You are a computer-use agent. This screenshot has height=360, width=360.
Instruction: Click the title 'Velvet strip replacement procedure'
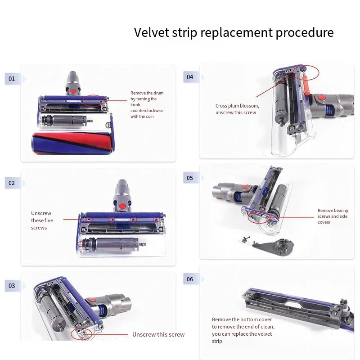[234, 33]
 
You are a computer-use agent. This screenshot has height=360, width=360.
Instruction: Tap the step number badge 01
[12, 79]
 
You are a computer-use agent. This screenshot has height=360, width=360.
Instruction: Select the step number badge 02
[12, 183]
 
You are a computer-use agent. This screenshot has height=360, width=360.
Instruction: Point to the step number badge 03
[12, 286]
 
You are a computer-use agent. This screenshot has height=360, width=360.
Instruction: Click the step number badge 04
[190, 77]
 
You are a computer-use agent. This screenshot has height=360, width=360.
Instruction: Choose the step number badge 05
[190, 178]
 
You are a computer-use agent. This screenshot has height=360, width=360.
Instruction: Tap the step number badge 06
[190, 279]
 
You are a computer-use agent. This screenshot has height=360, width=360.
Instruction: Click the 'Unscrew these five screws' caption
[41, 220]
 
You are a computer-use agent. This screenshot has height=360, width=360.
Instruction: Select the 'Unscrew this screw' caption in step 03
[158, 334]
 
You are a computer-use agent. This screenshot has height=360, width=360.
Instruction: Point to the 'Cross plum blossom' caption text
[237, 109]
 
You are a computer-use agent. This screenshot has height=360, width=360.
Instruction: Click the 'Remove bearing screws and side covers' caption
[333, 216]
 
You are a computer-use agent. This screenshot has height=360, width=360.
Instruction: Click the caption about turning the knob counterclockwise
[147, 104]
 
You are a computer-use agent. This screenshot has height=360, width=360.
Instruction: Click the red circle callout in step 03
[81, 333]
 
